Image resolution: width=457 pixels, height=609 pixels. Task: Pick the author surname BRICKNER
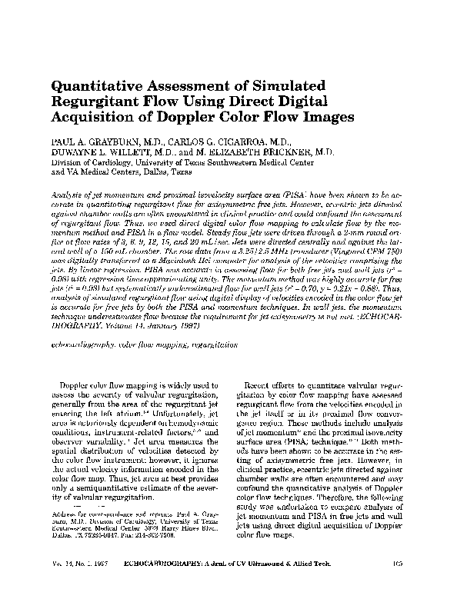pyautogui.click(x=280, y=153)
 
